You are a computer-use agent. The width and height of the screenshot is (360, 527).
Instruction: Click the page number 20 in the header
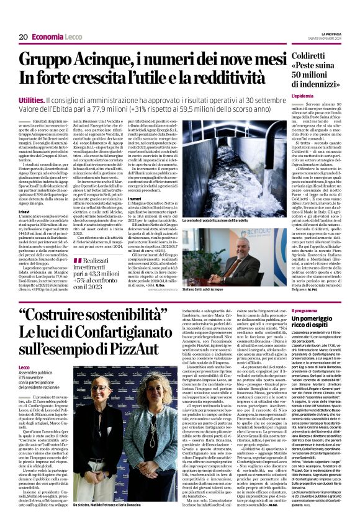[22, 37]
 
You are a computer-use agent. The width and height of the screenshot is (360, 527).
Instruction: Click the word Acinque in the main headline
[106, 61]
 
